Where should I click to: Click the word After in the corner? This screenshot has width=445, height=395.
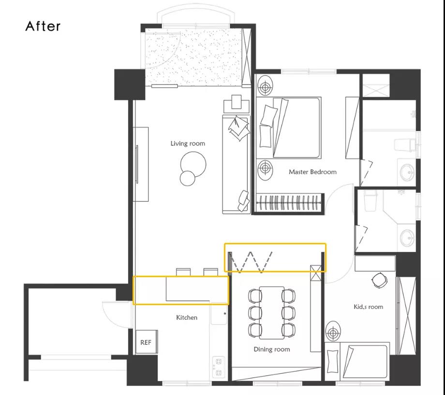click(43, 26)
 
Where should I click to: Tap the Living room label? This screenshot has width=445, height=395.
click(188, 143)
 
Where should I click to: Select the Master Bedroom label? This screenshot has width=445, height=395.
click(312, 172)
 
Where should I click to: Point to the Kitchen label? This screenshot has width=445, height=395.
click(187, 317)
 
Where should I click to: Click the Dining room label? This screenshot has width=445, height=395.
click(272, 349)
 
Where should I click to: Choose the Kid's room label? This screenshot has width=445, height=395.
click(368, 307)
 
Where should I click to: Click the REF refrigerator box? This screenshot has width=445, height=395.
click(147, 342)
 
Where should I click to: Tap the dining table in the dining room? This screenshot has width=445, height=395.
click(272, 313)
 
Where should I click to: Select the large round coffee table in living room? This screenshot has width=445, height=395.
click(193, 164)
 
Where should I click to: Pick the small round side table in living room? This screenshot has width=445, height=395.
click(188, 178)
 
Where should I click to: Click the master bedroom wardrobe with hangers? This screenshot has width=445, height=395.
click(290, 203)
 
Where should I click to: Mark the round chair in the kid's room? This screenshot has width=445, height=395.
click(379, 280)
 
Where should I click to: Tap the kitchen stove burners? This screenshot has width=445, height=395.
click(218, 367)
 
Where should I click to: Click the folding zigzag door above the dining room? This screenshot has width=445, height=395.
click(251, 262)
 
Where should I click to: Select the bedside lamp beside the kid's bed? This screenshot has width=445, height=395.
click(333, 332)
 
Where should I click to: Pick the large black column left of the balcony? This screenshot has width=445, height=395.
click(130, 85)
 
